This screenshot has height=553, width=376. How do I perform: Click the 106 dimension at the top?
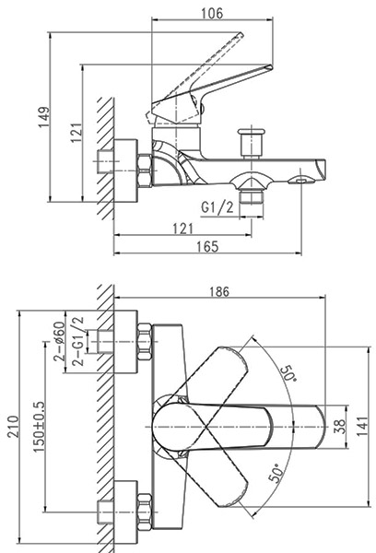tap(212, 14)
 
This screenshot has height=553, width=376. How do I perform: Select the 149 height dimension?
tap(44, 117)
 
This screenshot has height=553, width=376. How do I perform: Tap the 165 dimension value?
tap(207, 246)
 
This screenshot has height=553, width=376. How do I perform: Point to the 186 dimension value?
tap(219, 291)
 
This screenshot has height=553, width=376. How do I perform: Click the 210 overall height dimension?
tap(14, 427)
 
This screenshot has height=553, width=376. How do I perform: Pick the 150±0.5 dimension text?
tap(39, 427)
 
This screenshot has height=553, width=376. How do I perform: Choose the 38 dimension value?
tap(340, 427)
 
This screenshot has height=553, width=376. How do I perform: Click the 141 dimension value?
tap(362, 427)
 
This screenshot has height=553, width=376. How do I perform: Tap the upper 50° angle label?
tap(289, 373)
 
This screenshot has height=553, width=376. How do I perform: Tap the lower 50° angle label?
tap(276, 473)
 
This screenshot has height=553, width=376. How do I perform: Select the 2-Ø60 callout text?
tap(59, 342)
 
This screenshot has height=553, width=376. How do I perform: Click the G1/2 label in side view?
tap(217, 207)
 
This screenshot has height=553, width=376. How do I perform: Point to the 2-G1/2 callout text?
tap(78, 341)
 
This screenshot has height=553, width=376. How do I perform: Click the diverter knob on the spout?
tap(252, 142)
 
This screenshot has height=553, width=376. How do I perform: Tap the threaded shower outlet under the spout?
tap(252, 196)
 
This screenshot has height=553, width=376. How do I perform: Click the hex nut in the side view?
tap(145, 171)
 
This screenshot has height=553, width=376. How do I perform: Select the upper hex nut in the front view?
tap(145, 342)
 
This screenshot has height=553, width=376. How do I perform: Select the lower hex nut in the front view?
tap(145, 512)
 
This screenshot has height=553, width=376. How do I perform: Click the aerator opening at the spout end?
tap(300, 181)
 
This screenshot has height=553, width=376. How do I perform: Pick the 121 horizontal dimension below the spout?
tap(183, 229)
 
